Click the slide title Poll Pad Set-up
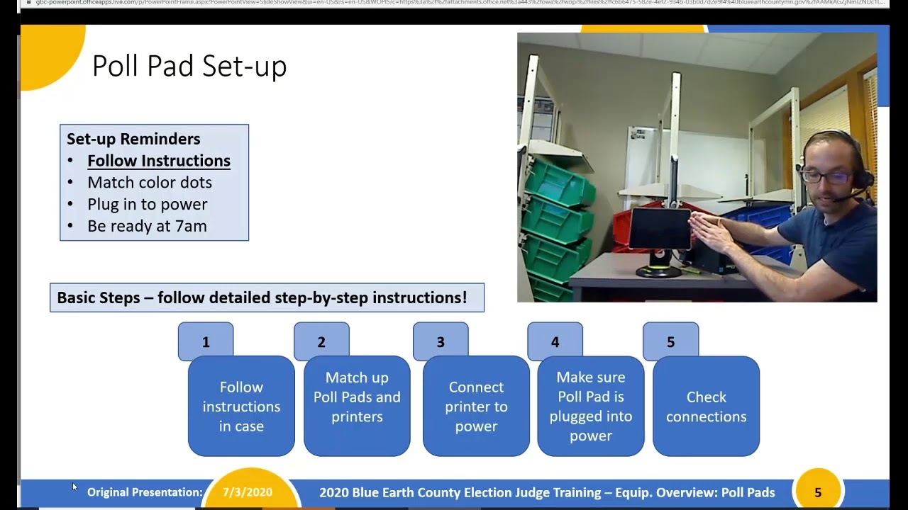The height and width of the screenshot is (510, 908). click(189, 67)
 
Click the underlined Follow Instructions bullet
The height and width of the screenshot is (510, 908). click(158, 161)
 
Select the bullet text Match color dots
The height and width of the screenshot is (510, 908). click(149, 183)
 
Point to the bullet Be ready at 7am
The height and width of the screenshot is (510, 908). click(147, 227)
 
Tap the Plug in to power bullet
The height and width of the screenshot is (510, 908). click(147, 205)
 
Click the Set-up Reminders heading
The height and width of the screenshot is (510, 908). click(133, 139)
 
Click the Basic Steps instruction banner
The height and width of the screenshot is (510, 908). click(267, 297)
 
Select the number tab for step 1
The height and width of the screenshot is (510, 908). click(206, 341)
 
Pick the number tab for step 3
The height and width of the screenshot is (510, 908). click(441, 341)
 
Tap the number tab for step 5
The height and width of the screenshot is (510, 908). click(670, 341)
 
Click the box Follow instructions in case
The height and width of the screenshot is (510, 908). click(241, 407)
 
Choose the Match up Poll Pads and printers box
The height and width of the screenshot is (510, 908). click(357, 407)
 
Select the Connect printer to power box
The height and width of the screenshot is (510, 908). click(476, 407)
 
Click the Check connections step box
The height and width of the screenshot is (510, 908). click(706, 407)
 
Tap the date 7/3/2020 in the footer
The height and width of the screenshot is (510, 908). click(248, 492)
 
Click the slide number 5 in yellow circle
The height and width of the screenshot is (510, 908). click(818, 492)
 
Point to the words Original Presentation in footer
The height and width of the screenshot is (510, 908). click(145, 492)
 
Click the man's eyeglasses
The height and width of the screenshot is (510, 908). click(827, 176)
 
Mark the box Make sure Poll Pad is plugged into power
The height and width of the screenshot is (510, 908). click(591, 407)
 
